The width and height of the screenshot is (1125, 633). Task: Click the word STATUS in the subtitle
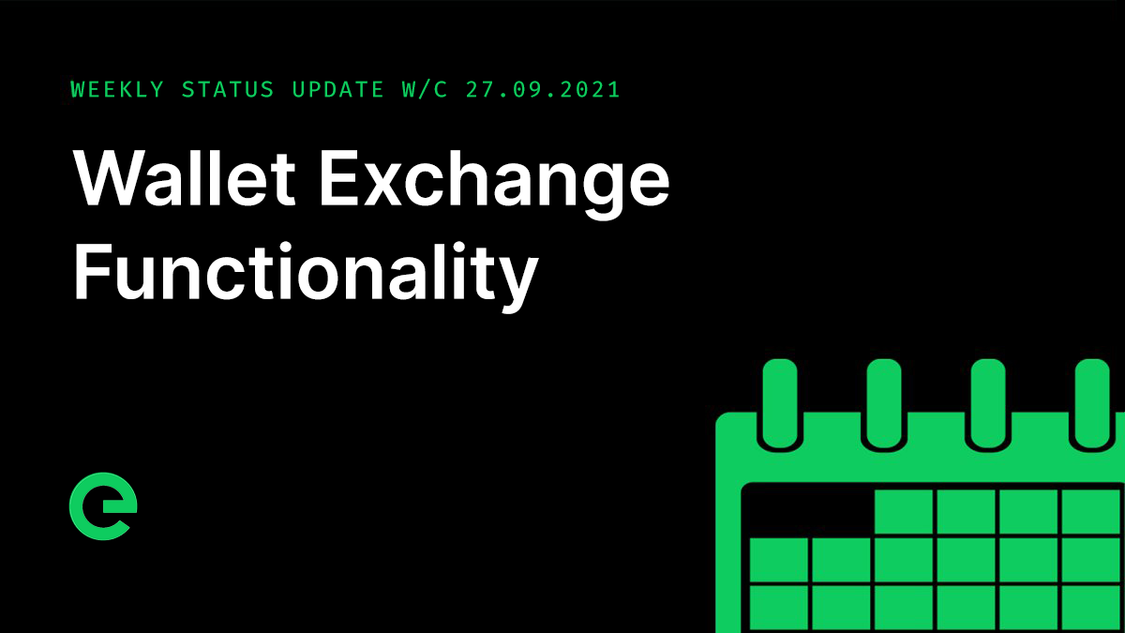tap(228, 90)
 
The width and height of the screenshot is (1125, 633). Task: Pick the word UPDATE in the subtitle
tap(337, 90)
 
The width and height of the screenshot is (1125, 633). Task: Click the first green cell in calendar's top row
tap(904, 511)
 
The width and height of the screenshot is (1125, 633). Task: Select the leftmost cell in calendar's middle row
tap(779, 559)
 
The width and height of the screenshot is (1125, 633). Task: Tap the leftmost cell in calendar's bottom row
tap(779, 607)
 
